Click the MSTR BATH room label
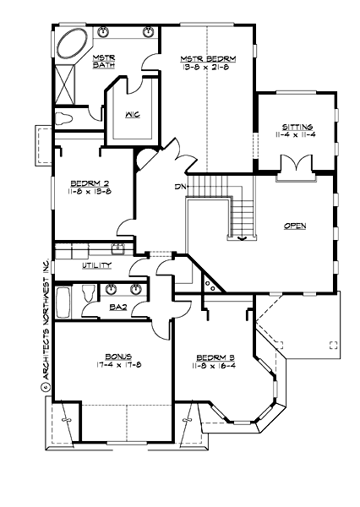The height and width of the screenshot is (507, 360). [x=104, y=61]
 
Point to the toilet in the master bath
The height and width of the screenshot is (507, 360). [x=66, y=117]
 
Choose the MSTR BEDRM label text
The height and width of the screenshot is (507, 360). [x=208, y=58]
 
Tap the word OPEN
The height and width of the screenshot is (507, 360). [x=295, y=226]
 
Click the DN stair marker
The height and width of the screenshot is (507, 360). [x=180, y=187]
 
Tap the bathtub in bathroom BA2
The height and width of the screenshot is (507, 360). [x=63, y=302]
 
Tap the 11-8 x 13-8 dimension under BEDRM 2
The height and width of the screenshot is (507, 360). [x=88, y=191]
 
